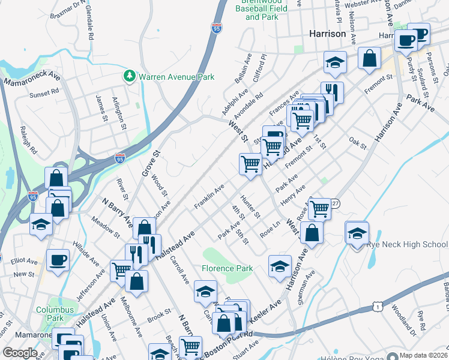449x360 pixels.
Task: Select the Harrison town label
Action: click(x=327, y=34)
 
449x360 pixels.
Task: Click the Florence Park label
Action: click(x=227, y=268)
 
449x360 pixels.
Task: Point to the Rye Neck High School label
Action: click(x=411, y=244)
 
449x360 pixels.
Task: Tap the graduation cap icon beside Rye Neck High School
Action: click(x=357, y=233)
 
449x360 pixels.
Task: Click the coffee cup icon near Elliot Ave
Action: click(x=58, y=260)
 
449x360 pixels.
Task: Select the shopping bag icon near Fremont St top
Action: click(x=370, y=58)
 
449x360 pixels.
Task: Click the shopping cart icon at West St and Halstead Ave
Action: click(x=250, y=163)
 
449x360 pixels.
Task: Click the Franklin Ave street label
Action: click(x=209, y=197)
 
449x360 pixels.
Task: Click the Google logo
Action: click(x=20, y=353)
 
